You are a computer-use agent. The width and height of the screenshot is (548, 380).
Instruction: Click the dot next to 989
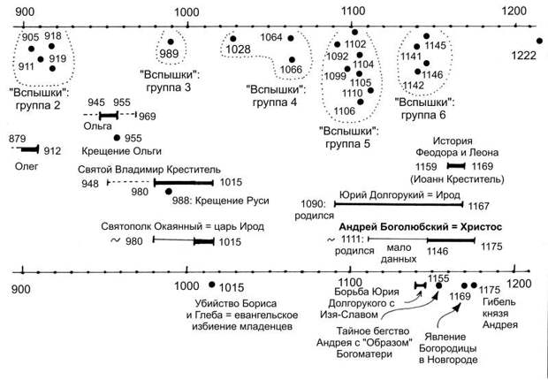(171, 41)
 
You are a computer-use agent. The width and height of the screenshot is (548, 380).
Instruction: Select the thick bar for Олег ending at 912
(32, 150)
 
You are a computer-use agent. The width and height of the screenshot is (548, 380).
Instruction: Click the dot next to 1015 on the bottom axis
(211, 284)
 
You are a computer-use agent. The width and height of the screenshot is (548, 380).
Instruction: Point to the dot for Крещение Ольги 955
(116, 138)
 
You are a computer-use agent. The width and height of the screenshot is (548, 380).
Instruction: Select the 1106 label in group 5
(346, 110)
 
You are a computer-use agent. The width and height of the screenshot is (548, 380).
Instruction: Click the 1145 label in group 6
(436, 45)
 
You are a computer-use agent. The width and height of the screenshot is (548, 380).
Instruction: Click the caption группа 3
(170, 87)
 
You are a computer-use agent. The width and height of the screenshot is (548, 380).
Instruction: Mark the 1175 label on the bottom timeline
(491, 289)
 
